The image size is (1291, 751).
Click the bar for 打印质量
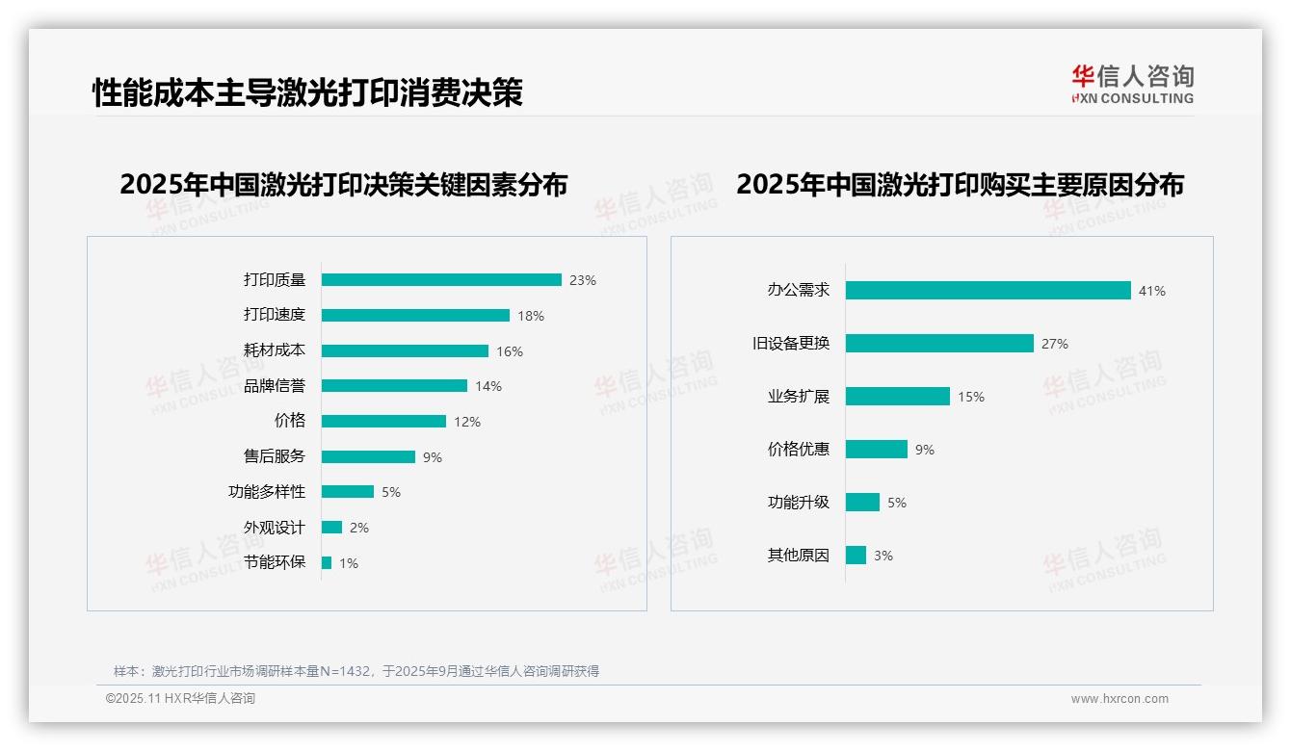[x=441, y=280]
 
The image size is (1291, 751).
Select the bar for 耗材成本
[x=405, y=351]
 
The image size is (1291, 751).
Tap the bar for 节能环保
[x=327, y=563]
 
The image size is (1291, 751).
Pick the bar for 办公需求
[x=988, y=291]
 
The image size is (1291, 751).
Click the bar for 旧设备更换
[x=939, y=344]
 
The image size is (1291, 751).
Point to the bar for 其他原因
[x=856, y=556]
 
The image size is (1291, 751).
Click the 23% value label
[x=582, y=281]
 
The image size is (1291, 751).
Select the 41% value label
[x=1151, y=291]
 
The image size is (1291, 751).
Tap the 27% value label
[x=1054, y=344]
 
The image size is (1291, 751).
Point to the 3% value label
[x=883, y=556]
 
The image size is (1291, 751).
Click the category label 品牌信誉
[x=274, y=386]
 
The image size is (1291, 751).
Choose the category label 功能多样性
[x=266, y=492]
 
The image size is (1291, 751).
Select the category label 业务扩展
[x=798, y=397]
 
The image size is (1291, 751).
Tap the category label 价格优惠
[x=798, y=450]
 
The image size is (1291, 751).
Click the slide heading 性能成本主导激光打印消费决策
[x=307, y=93]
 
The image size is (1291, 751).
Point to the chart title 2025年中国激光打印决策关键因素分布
[x=343, y=185]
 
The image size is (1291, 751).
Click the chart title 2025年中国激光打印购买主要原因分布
[x=960, y=185]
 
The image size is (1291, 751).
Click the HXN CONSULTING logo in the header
[x=1132, y=85]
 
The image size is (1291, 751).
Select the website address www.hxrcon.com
[x=1119, y=699]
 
